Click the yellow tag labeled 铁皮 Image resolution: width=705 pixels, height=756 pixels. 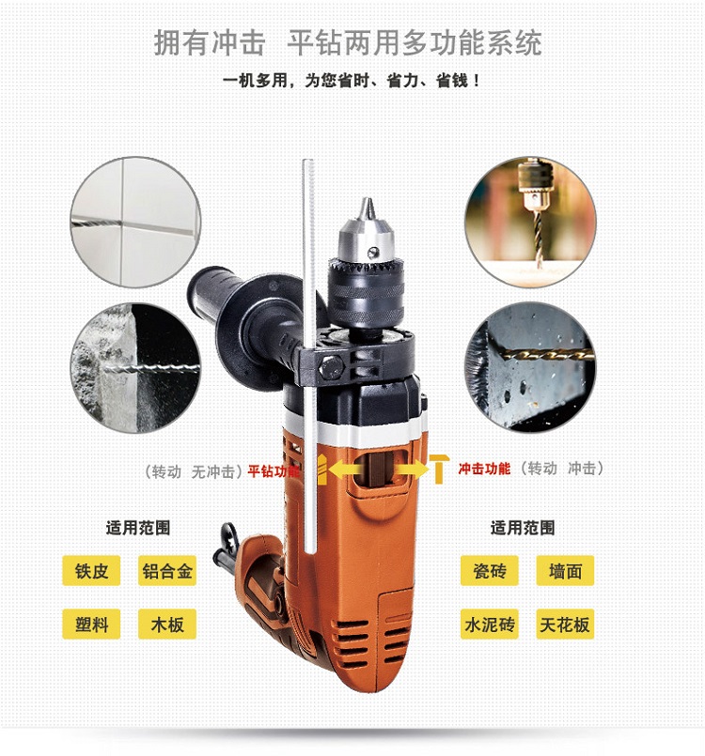(x=91, y=571)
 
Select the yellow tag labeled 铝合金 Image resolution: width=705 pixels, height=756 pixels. (x=167, y=571)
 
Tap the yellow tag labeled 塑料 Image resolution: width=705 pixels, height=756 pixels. (x=91, y=624)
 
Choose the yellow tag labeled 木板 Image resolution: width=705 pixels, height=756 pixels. (x=167, y=624)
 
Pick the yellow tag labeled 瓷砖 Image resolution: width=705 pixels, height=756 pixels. (x=490, y=571)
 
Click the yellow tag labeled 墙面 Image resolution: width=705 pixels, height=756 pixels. (x=565, y=571)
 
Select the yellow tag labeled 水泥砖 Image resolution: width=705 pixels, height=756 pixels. (x=490, y=624)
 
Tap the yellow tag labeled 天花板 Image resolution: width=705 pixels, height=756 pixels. (x=565, y=624)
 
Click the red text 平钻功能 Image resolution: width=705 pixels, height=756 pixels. (x=274, y=471)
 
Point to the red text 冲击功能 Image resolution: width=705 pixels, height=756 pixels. (x=484, y=469)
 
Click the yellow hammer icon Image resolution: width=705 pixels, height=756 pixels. (x=439, y=469)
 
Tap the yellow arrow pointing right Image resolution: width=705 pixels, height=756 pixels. (x=411, y=470)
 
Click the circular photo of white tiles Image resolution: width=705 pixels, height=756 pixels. (x=135, y=222)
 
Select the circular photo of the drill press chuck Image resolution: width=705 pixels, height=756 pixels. (x=530, y=222)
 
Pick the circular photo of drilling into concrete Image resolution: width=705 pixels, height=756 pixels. (x=135, y=368)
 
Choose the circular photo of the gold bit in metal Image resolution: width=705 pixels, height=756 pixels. (x=530, y=367)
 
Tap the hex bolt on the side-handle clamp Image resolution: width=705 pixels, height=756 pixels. (x=331, y=367)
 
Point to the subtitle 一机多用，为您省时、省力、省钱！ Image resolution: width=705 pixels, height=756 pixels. (x=352, y=81)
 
